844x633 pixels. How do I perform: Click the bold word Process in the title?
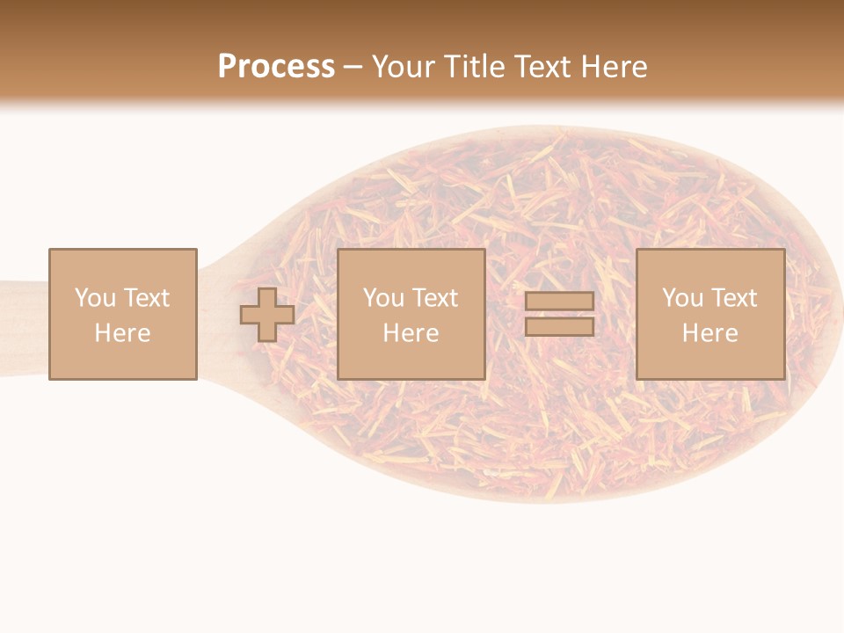click(276, 67)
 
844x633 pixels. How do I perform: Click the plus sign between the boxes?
click(267, 315)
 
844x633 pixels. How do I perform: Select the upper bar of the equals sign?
click(560, 302)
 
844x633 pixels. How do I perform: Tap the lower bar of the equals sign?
click(560, 327)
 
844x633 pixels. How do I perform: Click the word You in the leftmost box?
click(94, 298)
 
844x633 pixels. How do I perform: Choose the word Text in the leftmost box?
click(146, 298)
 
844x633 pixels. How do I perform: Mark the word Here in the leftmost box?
click(122, 333)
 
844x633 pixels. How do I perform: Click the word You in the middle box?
click(382, 298)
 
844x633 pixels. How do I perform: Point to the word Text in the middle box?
click(434, 298)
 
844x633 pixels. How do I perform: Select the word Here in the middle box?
click(411, 333)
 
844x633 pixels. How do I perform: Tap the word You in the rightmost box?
click(681, 298)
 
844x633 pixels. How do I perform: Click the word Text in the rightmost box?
click(733, 298)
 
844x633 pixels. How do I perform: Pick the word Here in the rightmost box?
click(709, 333)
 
